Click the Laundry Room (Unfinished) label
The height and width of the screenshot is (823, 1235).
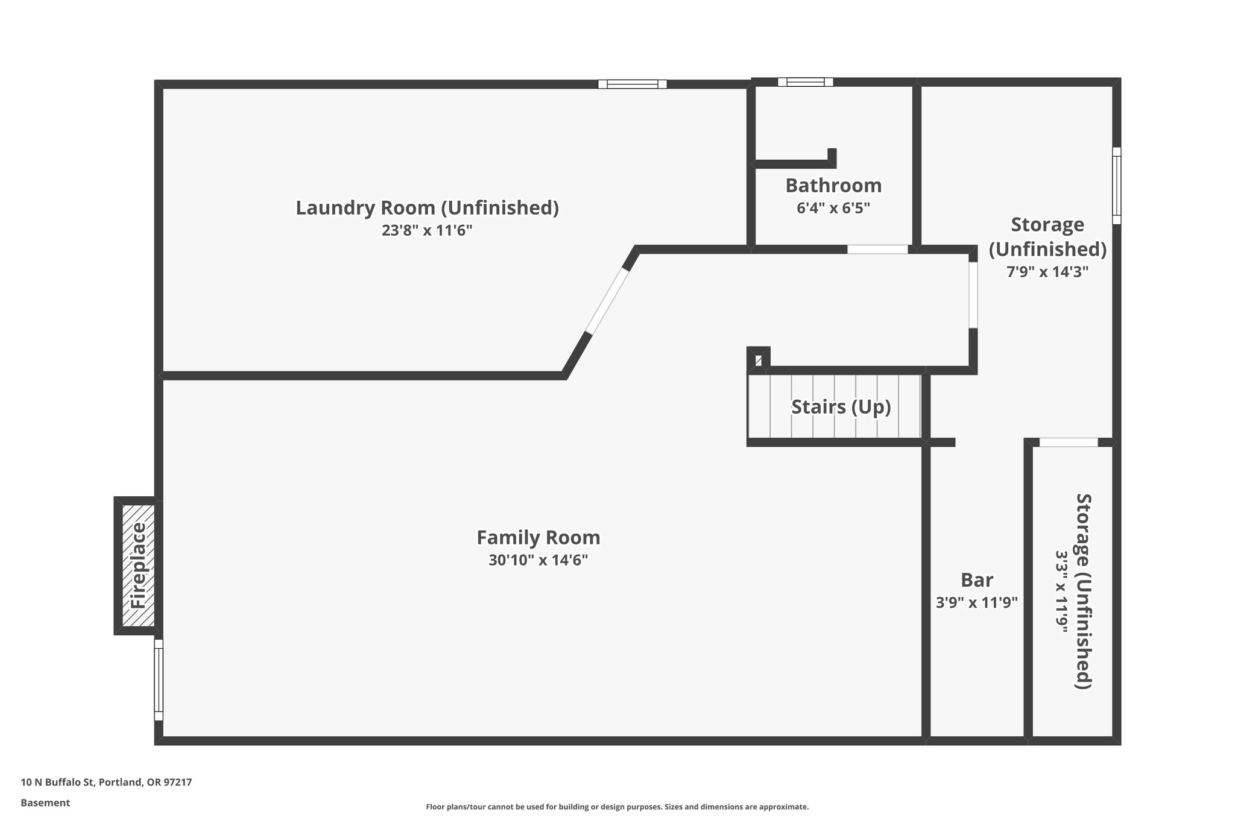427,207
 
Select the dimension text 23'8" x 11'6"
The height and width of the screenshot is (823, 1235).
427,230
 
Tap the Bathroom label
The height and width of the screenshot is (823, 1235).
833,185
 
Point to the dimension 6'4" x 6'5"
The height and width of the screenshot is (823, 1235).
833,208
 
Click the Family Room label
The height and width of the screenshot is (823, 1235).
538,537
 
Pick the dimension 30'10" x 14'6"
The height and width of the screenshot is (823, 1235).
538,560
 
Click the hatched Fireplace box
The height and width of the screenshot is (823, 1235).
138,566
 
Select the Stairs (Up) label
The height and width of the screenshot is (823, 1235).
841,407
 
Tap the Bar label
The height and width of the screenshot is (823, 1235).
976,580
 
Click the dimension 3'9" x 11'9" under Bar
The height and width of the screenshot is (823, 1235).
976,602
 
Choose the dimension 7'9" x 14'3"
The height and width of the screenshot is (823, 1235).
1047,272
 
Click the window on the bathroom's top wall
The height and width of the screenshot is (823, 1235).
805,82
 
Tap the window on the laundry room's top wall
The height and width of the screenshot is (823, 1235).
632,84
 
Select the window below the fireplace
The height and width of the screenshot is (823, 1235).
159,680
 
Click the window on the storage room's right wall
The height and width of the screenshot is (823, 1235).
1116,186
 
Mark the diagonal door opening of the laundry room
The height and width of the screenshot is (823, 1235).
608,300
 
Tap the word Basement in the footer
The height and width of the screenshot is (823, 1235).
45,803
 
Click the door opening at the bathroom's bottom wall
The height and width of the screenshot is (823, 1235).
877,249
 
